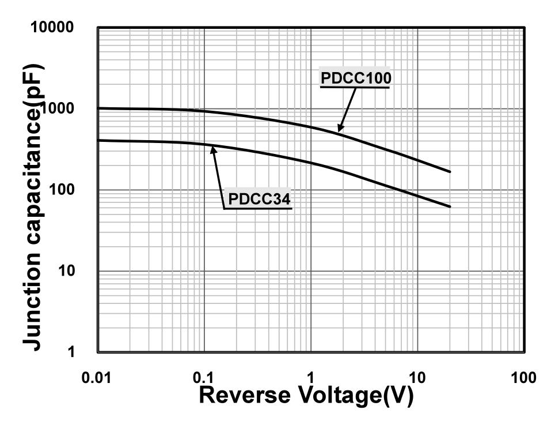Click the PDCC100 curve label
[x=356, y=78]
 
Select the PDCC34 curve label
[x=259, y=200]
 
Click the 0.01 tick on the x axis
[x=98, y=378]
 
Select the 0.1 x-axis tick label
[x=204, y=378]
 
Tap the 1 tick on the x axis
[x=310, y=378]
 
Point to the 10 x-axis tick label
[x=417, y=378]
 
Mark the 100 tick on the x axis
[x=523, y=378]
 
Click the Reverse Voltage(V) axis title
[x=306, y=396]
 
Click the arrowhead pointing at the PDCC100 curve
[x=340, y=130]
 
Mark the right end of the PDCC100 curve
[x=450, y=172]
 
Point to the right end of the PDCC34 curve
[x=450, y=206]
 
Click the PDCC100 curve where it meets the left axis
[x=99, y=108]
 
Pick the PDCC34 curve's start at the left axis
[x=99, y=140]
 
